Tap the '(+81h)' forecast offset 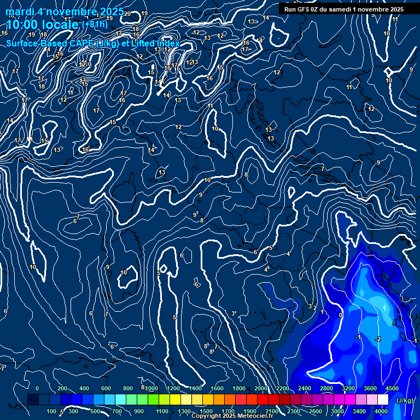point(94,24)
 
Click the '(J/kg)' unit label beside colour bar point(405,400)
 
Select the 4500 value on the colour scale point(392,388)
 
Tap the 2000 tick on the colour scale point(261,388)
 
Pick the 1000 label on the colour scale point(151,388)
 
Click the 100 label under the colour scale point(51,411)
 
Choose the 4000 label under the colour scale point(381,411)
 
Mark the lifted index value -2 point(377,340)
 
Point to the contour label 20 point(127,14)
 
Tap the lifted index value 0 point(341,316)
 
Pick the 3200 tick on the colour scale point(348,388)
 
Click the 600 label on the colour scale point(106,388)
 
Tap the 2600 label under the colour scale point(316,411)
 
